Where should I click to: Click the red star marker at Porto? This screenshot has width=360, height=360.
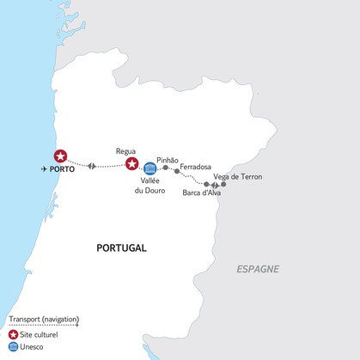pyautogui.click(x=60, y=156)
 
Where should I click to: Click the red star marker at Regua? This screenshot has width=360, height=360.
pyautogui.click(x=131, y=164)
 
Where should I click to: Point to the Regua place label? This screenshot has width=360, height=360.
pyautogui.click(x=126, y=150)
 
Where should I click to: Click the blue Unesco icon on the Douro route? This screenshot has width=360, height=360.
pyautogui.click(x=150, y=168)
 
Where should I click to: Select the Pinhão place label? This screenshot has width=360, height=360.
pyautogui.click(x=168, y=160)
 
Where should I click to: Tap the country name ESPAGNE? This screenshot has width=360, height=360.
pyautogui.click(x=259, y=270)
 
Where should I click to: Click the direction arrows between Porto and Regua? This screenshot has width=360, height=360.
pyautogui.click(x=91, y=166)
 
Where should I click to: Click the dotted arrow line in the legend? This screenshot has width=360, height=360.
pyautogui.click(x=43, y=326)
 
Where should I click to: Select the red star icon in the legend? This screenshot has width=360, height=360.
pyautogui.click(x=13, y=335)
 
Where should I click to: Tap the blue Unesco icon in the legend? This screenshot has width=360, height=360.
pyautogui.click(x=13, y=347)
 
